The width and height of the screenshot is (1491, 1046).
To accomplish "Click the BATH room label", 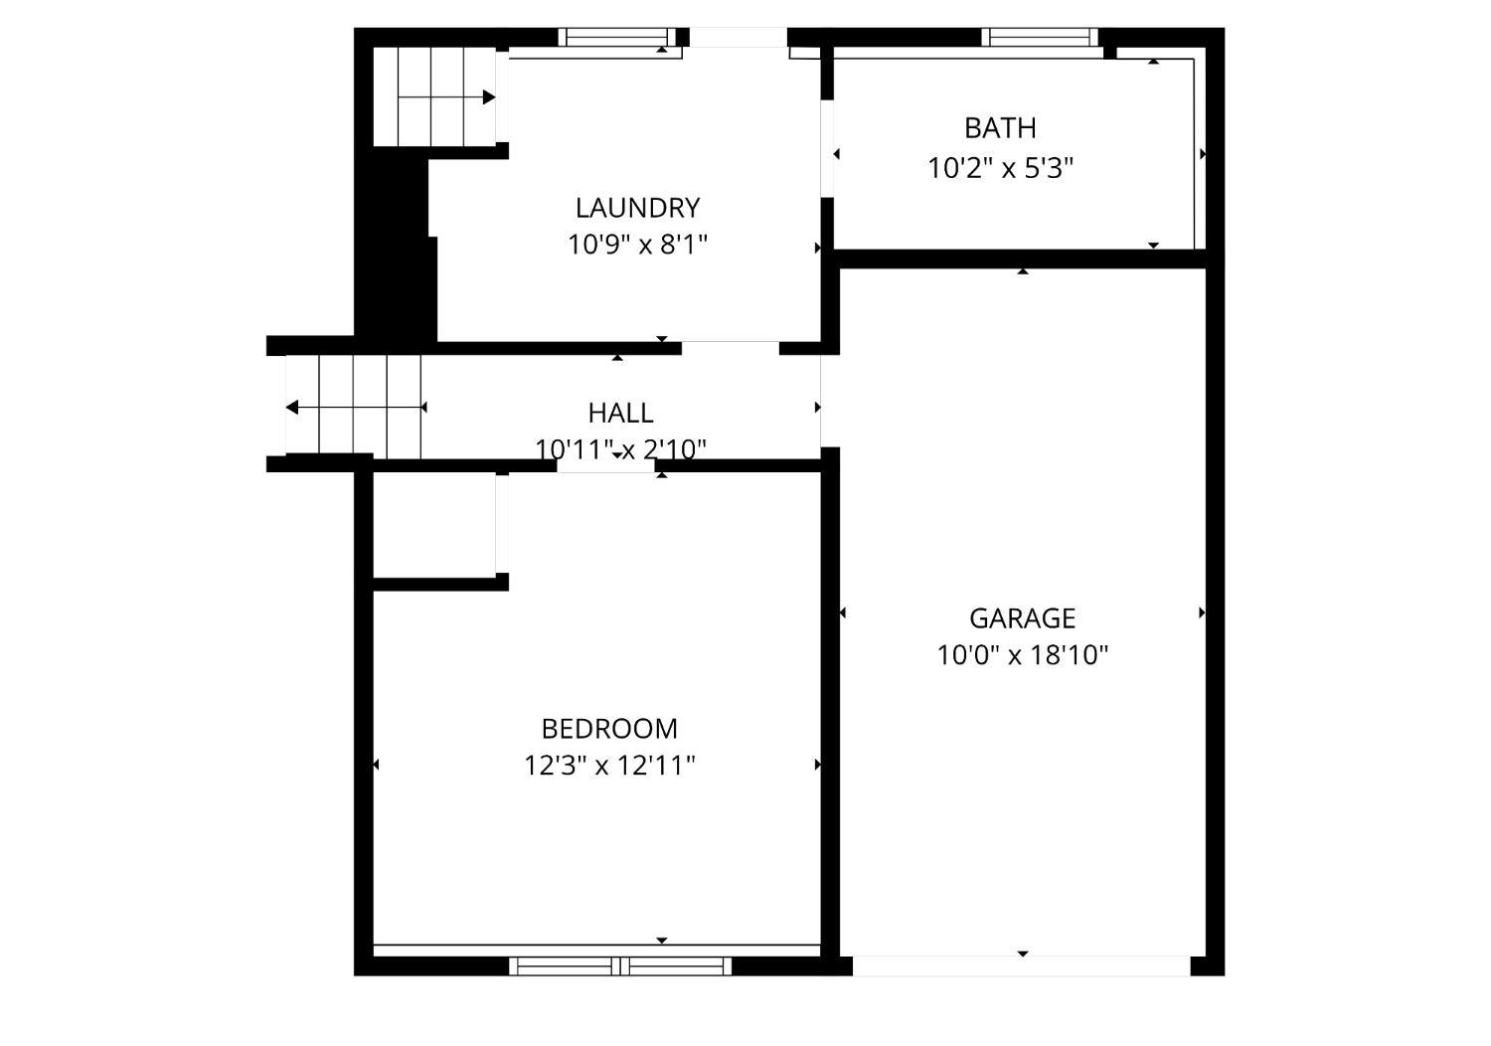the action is point(1000,128).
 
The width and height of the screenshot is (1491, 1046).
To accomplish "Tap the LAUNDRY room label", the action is point(637,208).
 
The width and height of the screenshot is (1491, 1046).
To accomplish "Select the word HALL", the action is point(620,413).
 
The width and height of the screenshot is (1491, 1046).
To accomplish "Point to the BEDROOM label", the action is point(609,729).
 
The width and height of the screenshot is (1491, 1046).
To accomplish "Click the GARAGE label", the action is point(1023,618).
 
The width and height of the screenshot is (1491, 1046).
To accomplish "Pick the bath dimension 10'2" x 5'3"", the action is point(1000,168).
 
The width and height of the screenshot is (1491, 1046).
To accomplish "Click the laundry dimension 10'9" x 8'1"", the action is point(637,245).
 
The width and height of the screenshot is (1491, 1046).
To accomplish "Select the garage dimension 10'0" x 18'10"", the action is point(1023,655).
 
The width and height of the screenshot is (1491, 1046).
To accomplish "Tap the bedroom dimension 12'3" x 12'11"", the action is point(609,765).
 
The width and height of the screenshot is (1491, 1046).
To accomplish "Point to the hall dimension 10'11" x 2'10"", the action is point(620,449).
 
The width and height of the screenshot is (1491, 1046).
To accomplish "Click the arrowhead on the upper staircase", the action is point(489,97).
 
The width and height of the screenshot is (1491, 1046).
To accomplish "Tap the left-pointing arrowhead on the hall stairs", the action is point(292,407).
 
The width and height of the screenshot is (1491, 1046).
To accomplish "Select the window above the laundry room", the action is point(617,37).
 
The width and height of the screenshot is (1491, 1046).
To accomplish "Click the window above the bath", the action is point(1040,37).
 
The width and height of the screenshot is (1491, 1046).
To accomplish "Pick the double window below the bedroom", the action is point(620,965).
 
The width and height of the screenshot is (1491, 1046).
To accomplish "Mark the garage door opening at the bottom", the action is point(1021,965).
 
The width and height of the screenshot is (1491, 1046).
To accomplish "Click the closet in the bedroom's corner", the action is point(434,525).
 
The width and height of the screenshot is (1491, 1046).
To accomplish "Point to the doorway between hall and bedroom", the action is point(605,466).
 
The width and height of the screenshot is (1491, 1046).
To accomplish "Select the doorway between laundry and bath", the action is point(827,148).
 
